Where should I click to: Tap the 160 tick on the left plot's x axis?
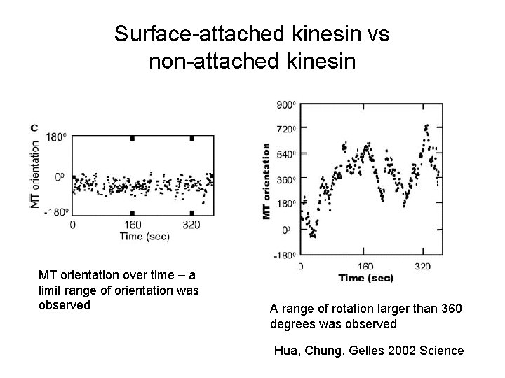[133, 225]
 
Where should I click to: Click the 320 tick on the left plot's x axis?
[191, 225]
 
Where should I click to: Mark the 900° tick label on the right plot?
[288, 104]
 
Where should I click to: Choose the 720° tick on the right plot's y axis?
[288, 129]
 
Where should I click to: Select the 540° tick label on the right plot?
[288, 154]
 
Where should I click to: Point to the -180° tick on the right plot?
[285, 255]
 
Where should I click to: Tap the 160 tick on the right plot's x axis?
[365, 267]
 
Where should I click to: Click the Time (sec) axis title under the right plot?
[368, 279]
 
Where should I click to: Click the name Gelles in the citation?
[365, 350]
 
